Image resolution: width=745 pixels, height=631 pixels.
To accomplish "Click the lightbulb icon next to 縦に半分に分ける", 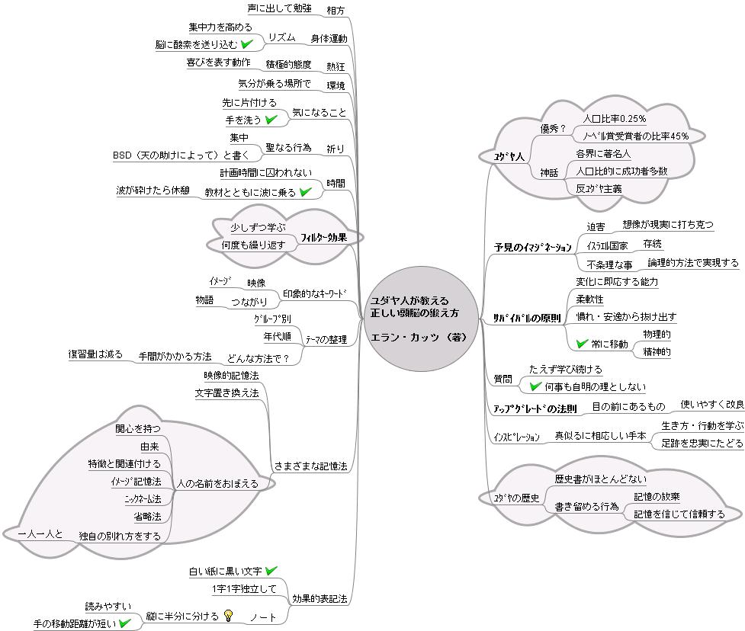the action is pyautogui.click(x=228, y=615).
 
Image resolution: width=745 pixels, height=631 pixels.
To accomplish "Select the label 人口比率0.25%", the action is pyautogui.click(x=614, y=119).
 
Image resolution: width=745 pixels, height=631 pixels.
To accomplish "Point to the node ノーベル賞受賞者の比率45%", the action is pyautogui.click(x=634, y=136).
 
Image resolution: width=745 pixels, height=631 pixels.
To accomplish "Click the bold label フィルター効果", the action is pyautogui.click(x=324, y=237).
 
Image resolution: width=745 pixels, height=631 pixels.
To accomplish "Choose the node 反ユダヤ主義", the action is pyautogui.click(x=599, y=188).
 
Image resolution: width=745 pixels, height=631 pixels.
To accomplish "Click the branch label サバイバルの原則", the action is pyautogui.click(x=527, y=318).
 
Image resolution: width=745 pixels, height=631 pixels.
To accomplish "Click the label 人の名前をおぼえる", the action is pyautogui.click(x=217, y=483).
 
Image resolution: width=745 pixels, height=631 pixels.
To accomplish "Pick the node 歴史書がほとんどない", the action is pyautogui.click(x=600, y=479).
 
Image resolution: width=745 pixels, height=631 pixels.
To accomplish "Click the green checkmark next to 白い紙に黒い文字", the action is pyautogui.click(x=271, y=570).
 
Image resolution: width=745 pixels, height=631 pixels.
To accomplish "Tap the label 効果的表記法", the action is pyautogui.click(x=320, y=599).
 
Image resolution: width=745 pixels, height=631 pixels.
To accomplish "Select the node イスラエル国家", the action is pyautogui.click(x=607, y=246).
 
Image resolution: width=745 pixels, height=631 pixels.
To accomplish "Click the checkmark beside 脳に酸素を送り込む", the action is pyautogui.click(x=246, y=44).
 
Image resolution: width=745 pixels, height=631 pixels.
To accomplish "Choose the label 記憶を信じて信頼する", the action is pyautogui.click(x=679, y=514).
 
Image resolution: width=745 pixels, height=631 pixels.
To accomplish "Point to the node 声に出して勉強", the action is pyautogui.click(x=280, y=8).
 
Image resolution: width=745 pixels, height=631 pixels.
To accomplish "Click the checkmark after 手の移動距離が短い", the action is pyautogui.click(x=125, y=623).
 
